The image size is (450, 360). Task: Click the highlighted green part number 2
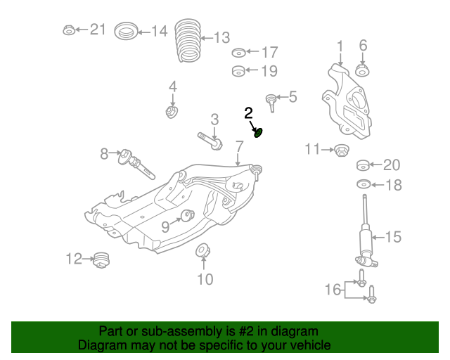click(x=258, y=131)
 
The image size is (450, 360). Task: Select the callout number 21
click(x=98, y=30)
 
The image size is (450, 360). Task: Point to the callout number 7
click(x=239, y=147)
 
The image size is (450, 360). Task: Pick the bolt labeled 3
click(x=210, y=141)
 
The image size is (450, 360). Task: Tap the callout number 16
click(x=333, y=289)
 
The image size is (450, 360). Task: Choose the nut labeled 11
click(x=341, y=150)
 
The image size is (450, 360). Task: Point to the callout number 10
click(x=204, y=280)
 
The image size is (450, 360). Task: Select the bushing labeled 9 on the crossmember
click(x=187, y=215)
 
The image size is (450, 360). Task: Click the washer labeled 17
click(x=238, y=53)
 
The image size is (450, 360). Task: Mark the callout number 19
click(x=269, y=71)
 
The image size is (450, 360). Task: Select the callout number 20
click(x=391, y=165)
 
